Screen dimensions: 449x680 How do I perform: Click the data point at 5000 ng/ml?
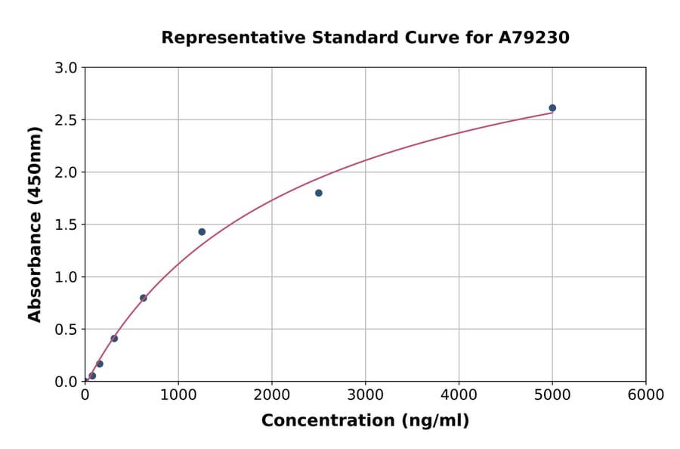(x=552, y=108)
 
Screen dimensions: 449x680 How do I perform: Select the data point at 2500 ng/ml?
(x=319, y=193)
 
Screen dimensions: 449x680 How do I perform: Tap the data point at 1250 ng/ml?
(x=202, y=232)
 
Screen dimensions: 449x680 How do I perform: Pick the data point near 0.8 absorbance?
(x=144, y=298)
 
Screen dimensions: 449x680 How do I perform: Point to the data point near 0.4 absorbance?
(x=114, y=339)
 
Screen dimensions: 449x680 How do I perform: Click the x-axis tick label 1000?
(x=178, y=395)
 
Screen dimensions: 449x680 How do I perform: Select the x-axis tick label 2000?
(x=272, y=395)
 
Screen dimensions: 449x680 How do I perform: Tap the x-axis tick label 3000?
(x=366, y=395)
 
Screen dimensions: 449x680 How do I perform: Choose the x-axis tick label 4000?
(x=459, y=395)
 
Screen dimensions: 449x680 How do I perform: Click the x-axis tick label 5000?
(x=552, y=395)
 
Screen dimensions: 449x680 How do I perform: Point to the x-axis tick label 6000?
(x=646, y=395)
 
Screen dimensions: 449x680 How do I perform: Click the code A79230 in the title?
(x=534, y=38)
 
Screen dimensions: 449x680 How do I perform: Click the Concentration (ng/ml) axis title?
(x=365, y=421)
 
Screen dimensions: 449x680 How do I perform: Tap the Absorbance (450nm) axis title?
(x=35, y=224)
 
